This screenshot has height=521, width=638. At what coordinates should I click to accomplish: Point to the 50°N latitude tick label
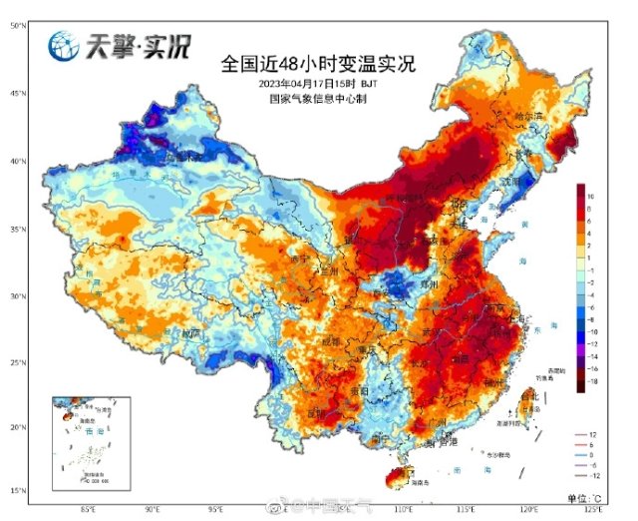point(18,25)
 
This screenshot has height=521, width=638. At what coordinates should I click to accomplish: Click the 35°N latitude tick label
point(18,229)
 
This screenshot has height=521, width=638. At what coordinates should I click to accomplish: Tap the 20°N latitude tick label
point(18,427)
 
